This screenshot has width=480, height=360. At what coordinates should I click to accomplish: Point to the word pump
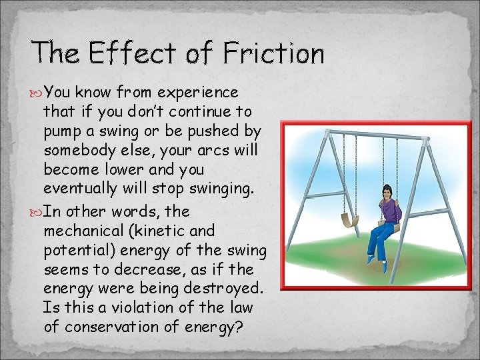pos(62,130)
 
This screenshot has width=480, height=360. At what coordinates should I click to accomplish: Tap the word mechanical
pos(81,231)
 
